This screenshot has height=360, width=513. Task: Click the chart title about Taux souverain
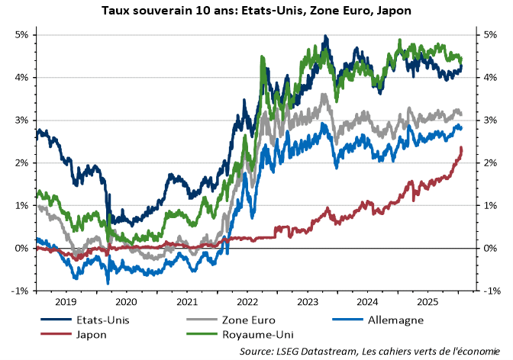click(x=256, y=11)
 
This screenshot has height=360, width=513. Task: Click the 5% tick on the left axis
click(x=21, y=35)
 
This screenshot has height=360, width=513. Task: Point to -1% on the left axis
click(x=20, y=291)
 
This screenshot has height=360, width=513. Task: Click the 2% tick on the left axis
click(x=21, y=163)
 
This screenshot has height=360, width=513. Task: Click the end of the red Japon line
click(x=462, y=148)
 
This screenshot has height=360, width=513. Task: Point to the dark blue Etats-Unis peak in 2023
click(x=326, y=37)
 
